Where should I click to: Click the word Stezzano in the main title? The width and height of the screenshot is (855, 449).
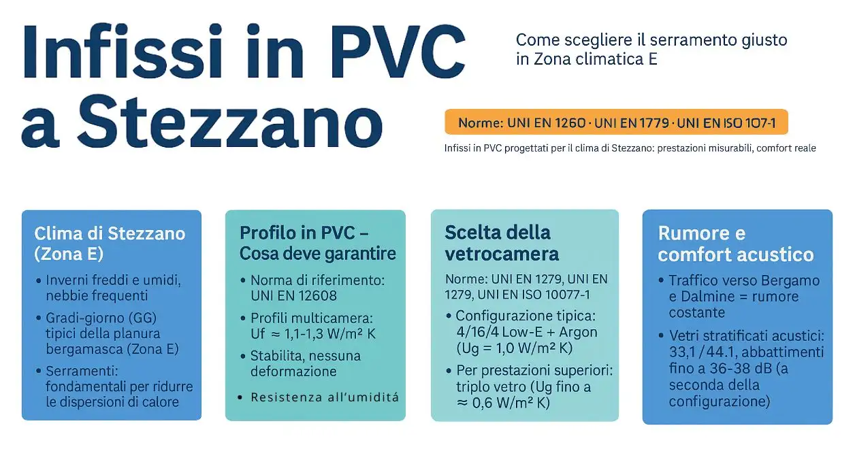tap(230, 122)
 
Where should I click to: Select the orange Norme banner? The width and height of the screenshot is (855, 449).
tap(616, 122)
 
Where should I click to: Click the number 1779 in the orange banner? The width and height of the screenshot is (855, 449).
tap(654, 123)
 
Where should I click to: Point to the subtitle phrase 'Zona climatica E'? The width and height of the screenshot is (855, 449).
tap(596, 59)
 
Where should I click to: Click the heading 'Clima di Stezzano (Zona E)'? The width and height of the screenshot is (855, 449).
tap(110, 244)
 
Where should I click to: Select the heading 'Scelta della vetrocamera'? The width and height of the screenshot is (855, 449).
tap(502, 243)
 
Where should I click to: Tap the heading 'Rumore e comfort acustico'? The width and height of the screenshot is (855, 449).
tap(735, 244)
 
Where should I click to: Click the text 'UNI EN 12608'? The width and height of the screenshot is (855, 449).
tap(293, 296)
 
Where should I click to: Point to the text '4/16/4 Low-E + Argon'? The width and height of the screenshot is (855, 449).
tap(527, 332)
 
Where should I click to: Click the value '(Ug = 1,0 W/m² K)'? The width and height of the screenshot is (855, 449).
tap(514, 348)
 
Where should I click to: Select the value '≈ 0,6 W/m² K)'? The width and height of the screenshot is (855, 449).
tap(503, 403)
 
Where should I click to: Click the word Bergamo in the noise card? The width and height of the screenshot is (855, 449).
tap(790, 280)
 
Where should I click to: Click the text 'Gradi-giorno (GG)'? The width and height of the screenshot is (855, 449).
tap(101, 318)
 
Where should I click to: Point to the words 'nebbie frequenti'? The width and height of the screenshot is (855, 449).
tap(97, 296)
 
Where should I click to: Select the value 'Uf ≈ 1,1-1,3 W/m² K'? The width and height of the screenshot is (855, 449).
tap(313, 334)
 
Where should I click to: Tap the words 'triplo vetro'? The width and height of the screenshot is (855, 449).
tap(493, 386)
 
